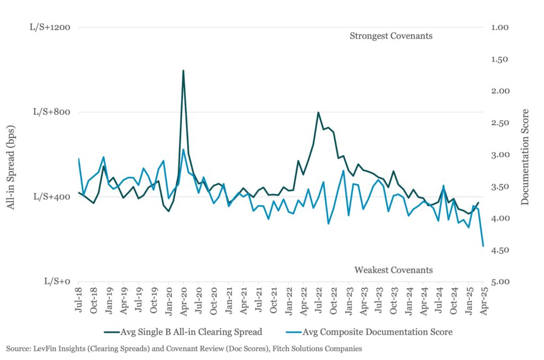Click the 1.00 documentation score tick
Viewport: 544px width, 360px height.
(x=501, y=27)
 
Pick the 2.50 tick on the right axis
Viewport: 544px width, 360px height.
(x=501, y=123)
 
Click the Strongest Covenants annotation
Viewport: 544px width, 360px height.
(x=391, y=36)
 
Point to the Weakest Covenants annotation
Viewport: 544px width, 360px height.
(x=394, y=270)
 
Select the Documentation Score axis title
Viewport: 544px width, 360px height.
(x=525, y=157)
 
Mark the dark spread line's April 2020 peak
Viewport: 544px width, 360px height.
(x=183, y=70)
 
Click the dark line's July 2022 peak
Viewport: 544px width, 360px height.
(x=318, y=113)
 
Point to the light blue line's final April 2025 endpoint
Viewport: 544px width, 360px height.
(x=483, y=246)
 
